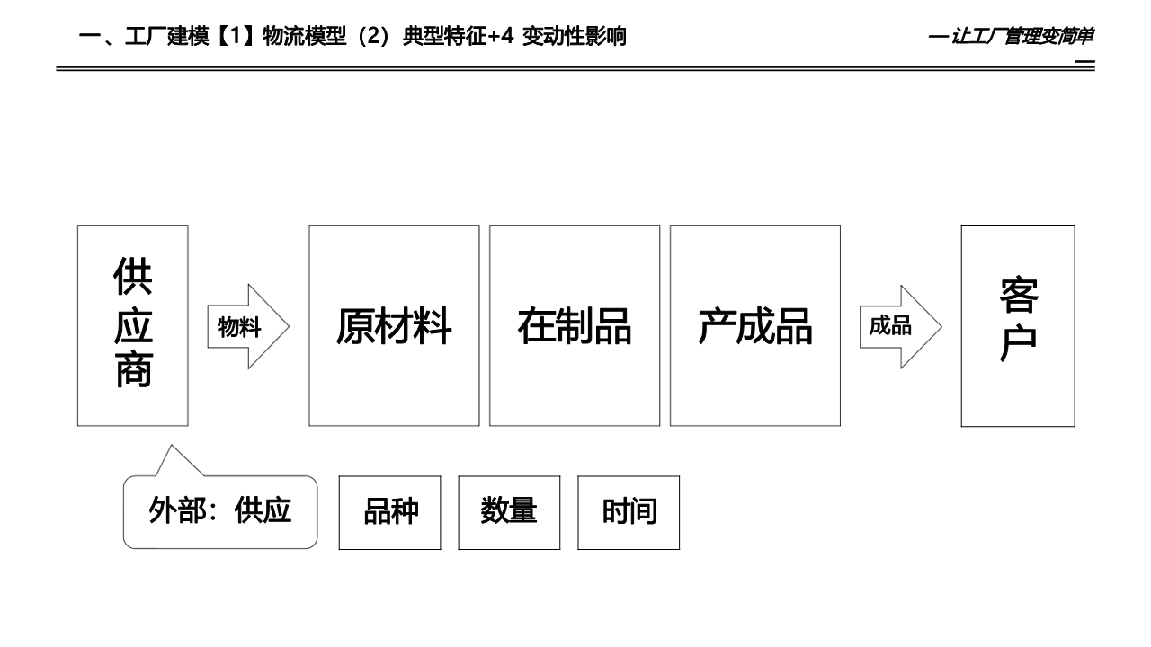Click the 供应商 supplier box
[133, 324]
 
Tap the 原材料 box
[394, 325]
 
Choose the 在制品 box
[575, 325]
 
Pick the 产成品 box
[755, 325]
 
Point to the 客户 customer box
[1018, 324]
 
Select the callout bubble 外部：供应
[220, 511]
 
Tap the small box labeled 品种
[390, 512]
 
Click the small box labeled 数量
[509, 512]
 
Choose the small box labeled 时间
[629, 512]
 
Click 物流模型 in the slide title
[307, 37]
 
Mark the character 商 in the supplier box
[133, 369]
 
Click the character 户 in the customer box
[1018, 344]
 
